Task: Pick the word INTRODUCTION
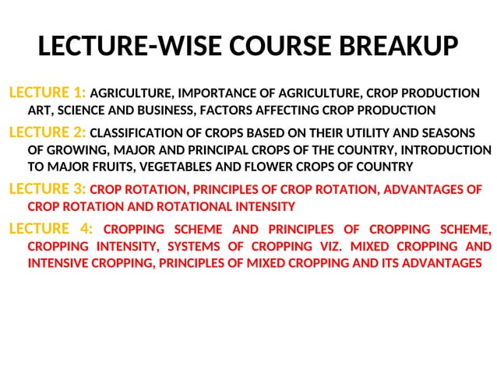pos(442,149)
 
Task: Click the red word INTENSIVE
pos(60,263)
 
